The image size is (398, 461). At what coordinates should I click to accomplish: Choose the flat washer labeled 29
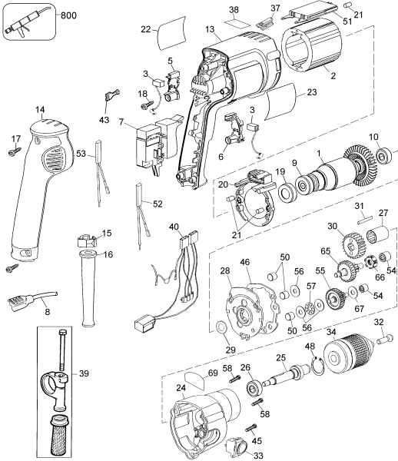[223, 330]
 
